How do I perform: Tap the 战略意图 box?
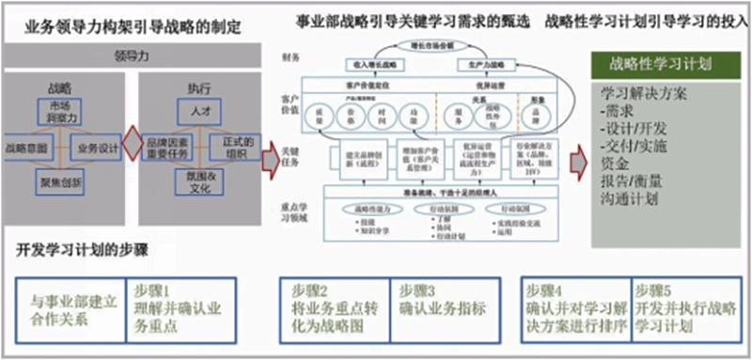[29, 149]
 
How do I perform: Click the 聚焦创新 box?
[58, 180]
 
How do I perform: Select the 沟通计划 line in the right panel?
[630, 198]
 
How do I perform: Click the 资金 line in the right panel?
[614, 164]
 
